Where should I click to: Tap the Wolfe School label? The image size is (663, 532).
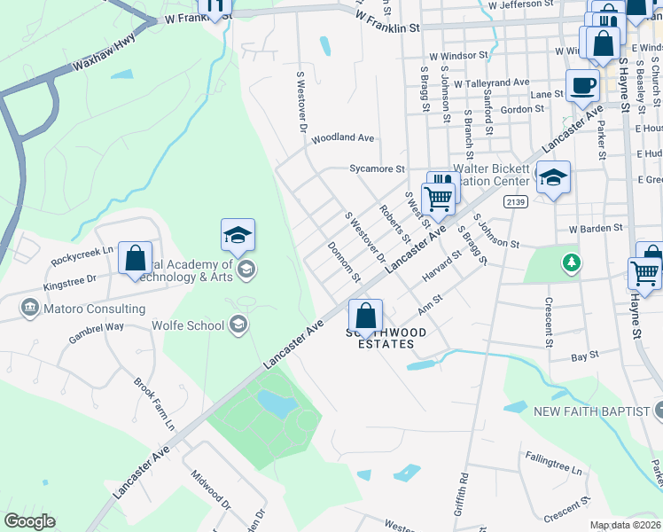tap(194, 325)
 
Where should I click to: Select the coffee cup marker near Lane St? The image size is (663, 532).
tap(581, 87)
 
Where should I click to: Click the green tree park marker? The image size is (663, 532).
tap(573, 262)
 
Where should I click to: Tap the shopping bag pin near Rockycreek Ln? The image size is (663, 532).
tap(135, 259)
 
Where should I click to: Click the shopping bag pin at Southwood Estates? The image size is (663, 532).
tap(365, 316)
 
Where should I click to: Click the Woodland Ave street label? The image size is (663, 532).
tap(342, 138)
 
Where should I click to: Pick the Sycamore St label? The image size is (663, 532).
tap(377, 168)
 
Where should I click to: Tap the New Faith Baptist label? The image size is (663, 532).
tap(590, 411)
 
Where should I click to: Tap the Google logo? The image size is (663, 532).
tap(29, 521)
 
